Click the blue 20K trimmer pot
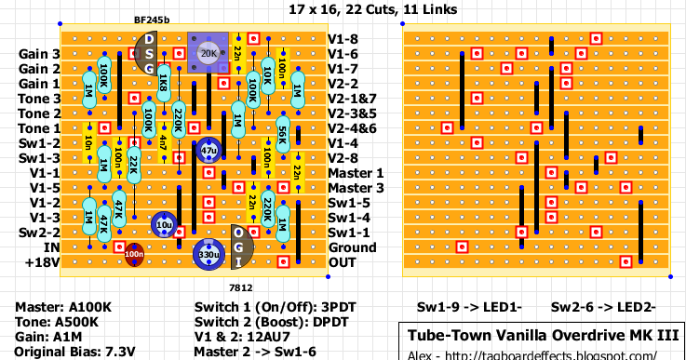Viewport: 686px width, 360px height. [x=208, y=53]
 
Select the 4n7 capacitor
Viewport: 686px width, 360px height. [x=164, y=142]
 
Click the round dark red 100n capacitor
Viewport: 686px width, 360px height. [x=134, y=253]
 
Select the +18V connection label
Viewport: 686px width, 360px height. [x=42, y=262]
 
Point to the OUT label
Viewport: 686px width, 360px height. [x=343, y=262]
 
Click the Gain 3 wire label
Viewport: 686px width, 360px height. [x=39, y=54]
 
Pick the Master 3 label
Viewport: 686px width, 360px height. [x=355, y=188]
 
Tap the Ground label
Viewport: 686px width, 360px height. [x=352, y=247]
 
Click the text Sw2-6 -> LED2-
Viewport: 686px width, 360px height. [x=603, y=306]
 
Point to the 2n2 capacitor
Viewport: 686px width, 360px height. [x=297, y=172]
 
